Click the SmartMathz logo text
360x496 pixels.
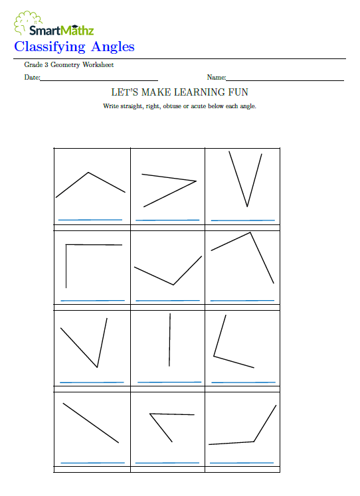(61, 29)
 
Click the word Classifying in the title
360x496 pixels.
(50, 46)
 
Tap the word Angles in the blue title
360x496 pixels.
(112, 46)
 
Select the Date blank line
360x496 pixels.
(99, 80)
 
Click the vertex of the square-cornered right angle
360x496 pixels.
(66, 246)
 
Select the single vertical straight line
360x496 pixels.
(169, 339)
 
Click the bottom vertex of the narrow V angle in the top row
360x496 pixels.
(247, 207)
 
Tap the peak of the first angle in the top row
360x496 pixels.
(88, 173)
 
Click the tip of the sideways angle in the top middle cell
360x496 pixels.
(197, 181)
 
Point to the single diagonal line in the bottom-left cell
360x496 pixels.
(91, 423)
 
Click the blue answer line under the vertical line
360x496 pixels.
(169, 382)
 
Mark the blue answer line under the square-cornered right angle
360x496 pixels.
(92, 301)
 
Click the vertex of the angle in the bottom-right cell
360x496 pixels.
(254, 441)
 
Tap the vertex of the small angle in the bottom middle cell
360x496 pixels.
(151, 414)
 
